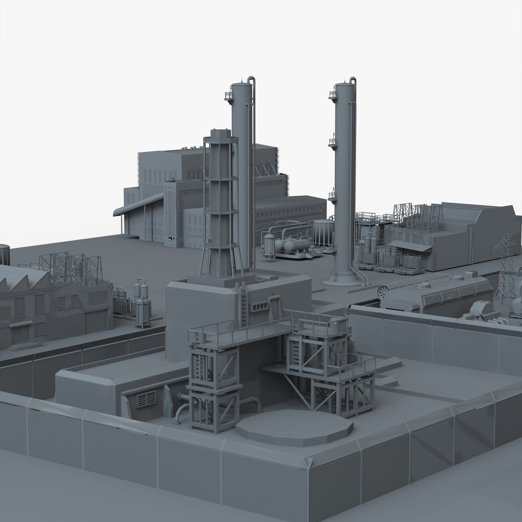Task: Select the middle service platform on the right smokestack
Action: [333, 142]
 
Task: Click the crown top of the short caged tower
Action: [220, 134]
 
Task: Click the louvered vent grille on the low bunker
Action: [146, 399]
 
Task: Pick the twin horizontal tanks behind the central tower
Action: [290, 245]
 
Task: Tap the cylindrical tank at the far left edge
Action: [4, 253]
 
